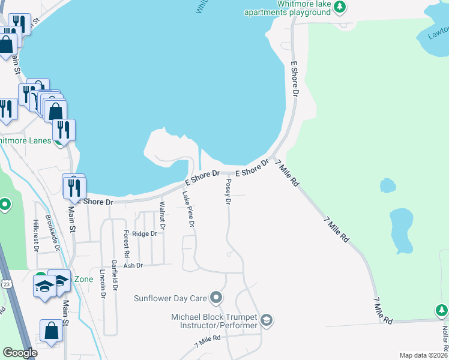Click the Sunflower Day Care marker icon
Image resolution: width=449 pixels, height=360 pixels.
point(217,298)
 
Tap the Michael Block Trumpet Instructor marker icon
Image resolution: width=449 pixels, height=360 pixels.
point(267,321)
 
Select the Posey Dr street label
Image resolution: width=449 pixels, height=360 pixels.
point(228,191)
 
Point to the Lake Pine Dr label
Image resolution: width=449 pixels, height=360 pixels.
point(188,208)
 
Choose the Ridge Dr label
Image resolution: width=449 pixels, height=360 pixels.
point(144,234)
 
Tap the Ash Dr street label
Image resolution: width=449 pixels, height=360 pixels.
point(133,265)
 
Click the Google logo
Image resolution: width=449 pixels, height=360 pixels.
point(20,353)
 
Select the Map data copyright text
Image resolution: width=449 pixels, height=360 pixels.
point(423,355)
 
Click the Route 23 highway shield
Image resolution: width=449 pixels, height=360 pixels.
point(5,283)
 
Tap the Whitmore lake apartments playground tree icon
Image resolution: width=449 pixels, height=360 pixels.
point(340,7)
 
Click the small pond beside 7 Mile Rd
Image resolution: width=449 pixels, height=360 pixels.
point(388,186)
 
